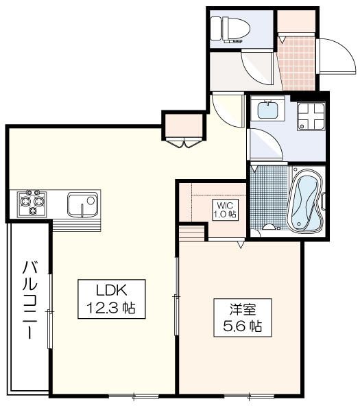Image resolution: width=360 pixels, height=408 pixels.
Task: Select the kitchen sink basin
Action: click(x=82, y=204)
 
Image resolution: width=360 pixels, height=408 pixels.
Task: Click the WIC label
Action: click(x=224, y=205)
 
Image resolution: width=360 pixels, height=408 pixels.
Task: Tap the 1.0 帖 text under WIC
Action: click(x=224, y=214)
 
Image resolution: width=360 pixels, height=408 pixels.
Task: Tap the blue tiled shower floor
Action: click(x=269, y=199)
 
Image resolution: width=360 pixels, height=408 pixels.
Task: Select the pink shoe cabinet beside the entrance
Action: click(x=296, y=20)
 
